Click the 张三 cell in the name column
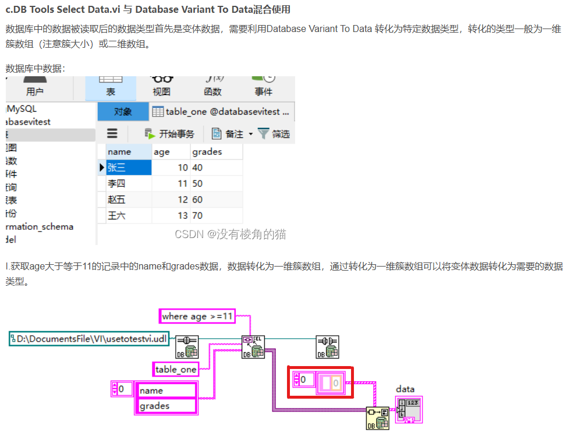point(129,168)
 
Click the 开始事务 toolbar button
point(169,134)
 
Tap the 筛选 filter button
point(274,134)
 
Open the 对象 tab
point(122,112)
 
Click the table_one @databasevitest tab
point(223,112)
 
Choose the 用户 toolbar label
point(35,91)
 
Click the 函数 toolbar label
point(212,91)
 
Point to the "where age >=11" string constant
point(197,316)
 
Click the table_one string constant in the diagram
point(175,369)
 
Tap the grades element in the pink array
point(166,406)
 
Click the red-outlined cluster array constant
point(321,382)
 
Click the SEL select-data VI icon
point(253,347)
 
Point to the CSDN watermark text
point(231,235)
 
